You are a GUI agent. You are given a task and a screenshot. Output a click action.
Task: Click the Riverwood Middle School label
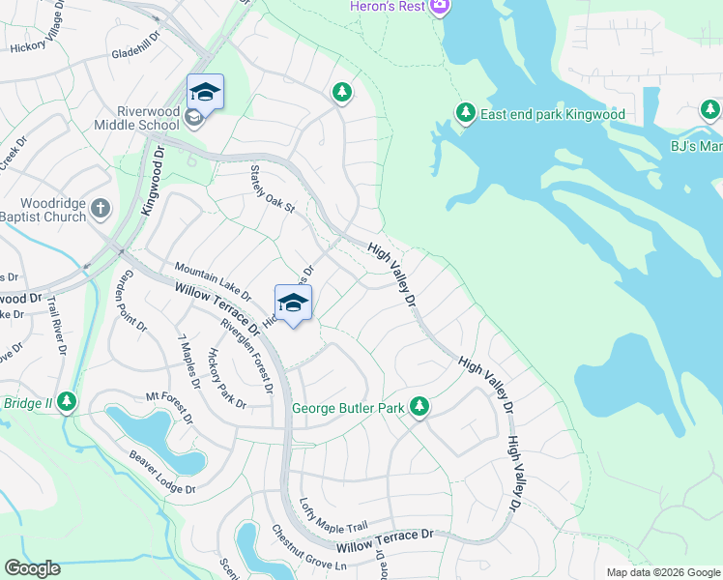(x=137, y=117)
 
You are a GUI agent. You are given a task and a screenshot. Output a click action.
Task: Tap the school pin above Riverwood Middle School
(x=205, y=93)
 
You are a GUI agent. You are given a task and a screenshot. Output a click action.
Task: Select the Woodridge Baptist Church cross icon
(x=100, y=208)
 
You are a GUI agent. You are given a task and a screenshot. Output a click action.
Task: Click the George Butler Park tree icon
(x=419, y=408)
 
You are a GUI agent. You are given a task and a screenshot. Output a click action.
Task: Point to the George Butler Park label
(x=348, y=409)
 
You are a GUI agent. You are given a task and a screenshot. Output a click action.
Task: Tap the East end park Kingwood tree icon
(x=466, y=114)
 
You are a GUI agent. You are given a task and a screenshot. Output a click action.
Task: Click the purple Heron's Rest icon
(x=441, y=8)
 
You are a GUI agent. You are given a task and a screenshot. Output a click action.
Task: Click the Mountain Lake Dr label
(x=212, y=280)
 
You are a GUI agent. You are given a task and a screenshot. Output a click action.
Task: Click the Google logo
(x=32, y=568)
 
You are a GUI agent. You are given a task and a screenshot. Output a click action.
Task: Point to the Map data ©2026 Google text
(x=662, y=572)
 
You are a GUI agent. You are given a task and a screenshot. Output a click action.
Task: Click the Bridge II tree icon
(x=66, y=400)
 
